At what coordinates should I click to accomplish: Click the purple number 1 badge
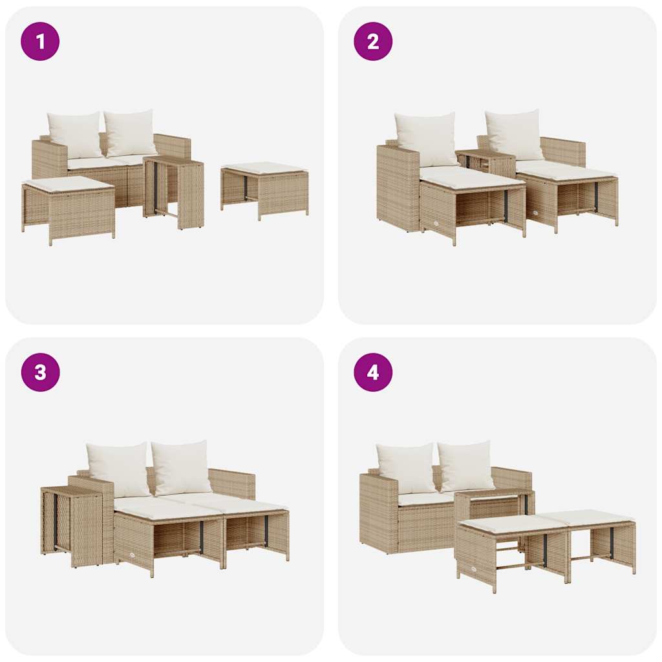click(40, 41)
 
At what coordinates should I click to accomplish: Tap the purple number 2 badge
click(373, 41)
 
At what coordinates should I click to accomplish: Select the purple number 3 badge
click(40, 372)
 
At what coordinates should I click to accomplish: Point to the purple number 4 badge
click(373, 372)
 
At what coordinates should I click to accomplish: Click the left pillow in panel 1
click(75, 134)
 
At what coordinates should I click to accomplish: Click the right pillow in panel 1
click(131, 133)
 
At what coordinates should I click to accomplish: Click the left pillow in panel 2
click(426, 139)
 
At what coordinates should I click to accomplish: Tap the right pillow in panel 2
click(515, 134)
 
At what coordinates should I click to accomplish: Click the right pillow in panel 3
click(182, 467)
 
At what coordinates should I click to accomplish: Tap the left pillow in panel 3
click(119, 469)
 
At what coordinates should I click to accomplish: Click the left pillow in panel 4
click(407, 468)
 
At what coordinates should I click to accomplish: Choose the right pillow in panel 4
click(466, 466)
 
